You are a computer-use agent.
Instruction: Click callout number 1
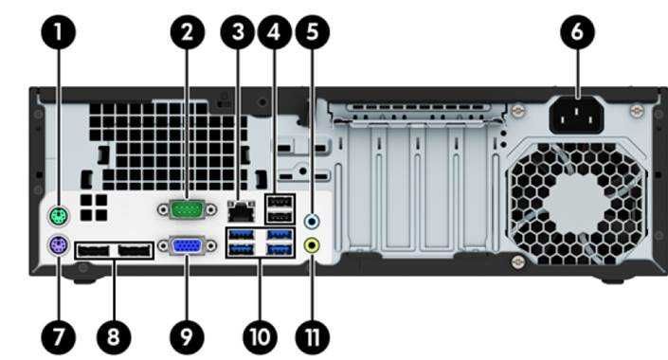[60, 33]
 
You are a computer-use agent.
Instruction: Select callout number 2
[188, 33]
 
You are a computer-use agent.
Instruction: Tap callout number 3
[237, 33]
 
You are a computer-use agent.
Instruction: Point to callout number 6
[578, 33]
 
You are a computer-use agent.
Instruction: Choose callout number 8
[114, 334]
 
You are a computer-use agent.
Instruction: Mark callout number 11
[312, 334]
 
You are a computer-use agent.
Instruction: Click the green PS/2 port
[59, 216]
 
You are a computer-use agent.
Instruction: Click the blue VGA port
[187, 246]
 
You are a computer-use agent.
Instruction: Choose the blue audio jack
[312, 219]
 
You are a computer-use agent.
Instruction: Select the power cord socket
[578, 118]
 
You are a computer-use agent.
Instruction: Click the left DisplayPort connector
[95, 253]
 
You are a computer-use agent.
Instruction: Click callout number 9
[186, 334]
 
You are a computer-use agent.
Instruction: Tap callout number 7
[60, 334]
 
